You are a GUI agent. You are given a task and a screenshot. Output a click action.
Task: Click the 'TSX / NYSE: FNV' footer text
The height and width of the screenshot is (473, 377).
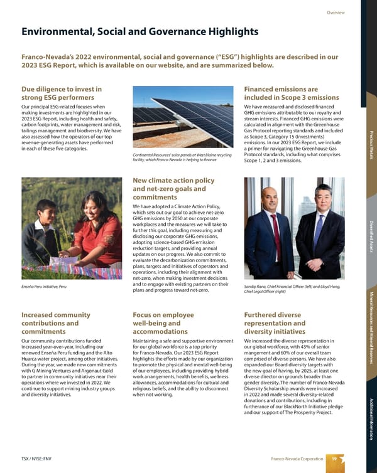pyautogui.click(x=38, y=459)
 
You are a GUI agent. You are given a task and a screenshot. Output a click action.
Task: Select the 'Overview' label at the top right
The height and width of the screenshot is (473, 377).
pyautogui.click(x=336, y=13)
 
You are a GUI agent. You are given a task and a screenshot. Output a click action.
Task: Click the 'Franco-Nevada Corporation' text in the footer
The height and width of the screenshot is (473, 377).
pyautogui.click(x=295, y=459)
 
